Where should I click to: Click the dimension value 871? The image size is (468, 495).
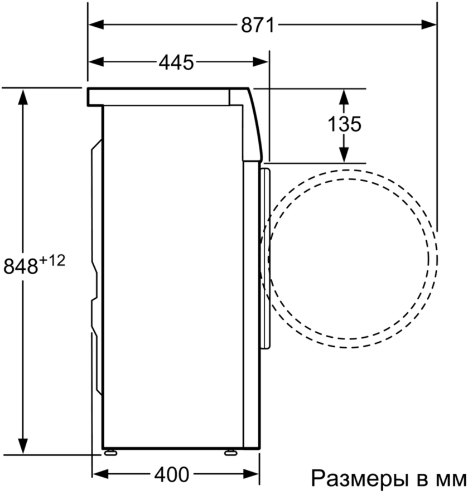[x=258, y=25]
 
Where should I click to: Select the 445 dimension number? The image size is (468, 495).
[x=176, y=62]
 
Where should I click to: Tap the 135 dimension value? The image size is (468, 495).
[x=344, y=124]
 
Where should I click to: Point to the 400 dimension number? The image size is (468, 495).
[x=172, y=474]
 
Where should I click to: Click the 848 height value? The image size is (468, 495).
[x=21, y=266]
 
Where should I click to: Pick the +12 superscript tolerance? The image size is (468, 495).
[x=52, y=261]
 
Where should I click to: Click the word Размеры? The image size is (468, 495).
[x=358, y=479]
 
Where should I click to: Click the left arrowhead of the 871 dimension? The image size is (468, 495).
[x=96, y=25]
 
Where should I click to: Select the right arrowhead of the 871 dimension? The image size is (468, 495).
[x=429, y=25]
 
